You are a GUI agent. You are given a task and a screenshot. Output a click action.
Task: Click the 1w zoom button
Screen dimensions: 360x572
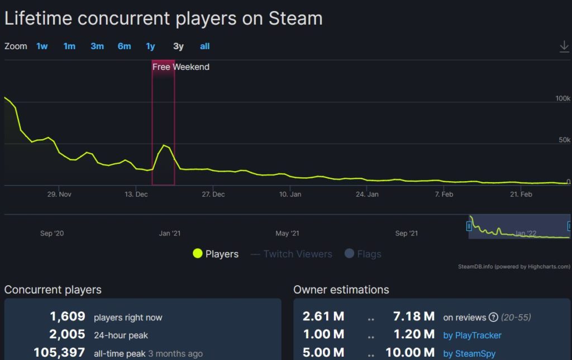click(x=42, y=46)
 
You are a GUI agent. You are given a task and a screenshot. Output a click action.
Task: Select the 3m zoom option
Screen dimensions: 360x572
click(x=97, y=46)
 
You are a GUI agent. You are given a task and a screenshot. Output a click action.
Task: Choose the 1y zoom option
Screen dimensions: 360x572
click(x=150, y=46)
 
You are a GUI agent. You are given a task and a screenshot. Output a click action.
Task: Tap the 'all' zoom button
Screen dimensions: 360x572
click(x=204, y=46)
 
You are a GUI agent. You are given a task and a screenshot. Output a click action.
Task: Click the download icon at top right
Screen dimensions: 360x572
click(x=564, y=47)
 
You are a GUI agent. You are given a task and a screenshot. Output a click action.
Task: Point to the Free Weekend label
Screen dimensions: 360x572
click(x=180, y=67)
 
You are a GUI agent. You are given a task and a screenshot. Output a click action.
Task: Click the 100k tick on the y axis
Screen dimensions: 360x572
click(x=563, y=98)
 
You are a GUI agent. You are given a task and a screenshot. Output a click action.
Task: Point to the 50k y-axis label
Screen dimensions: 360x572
click(x=564, y=140)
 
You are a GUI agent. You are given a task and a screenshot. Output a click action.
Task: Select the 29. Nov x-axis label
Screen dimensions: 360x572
click(x=59, y=195)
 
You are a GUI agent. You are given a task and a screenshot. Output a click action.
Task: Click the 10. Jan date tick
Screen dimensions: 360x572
click(x=290, y=195)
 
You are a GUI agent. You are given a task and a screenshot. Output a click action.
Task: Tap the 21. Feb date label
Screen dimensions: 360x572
click(x=521, y=195)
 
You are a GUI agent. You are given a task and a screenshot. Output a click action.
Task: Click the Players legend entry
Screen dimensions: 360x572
click(x=216, y=254)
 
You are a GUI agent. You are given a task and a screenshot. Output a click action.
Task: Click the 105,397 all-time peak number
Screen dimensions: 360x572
click(x=59, y=353)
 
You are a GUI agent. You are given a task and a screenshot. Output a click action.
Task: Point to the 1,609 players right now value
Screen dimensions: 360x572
click(x=68, y=317)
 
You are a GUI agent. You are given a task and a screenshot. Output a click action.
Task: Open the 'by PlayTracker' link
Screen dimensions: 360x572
click(x=472, y=335)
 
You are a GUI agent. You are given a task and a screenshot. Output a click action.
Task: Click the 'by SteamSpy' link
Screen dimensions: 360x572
click(x=469, y=353)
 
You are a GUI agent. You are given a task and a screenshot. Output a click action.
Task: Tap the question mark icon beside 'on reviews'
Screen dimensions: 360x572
click(x=493, y=318)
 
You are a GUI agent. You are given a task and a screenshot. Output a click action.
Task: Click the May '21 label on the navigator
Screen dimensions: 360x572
click(x=287, y=233)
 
